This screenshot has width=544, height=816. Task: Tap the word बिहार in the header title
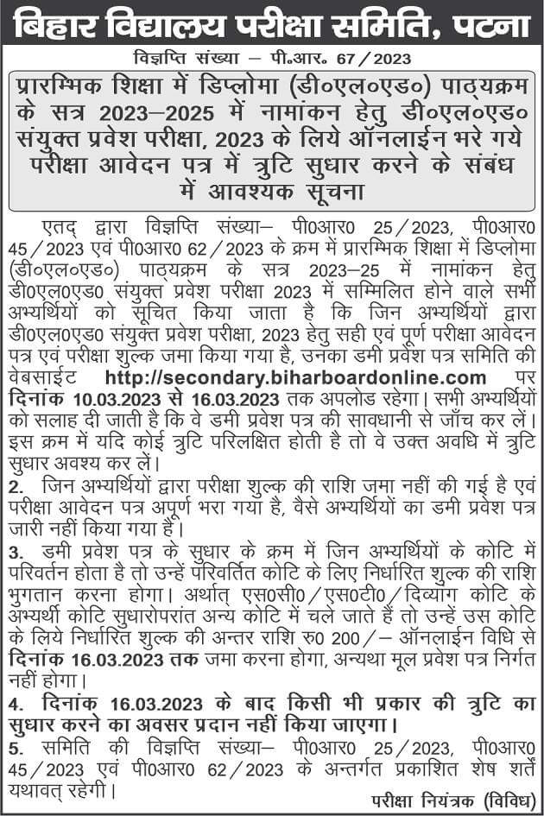pos(67,25)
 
